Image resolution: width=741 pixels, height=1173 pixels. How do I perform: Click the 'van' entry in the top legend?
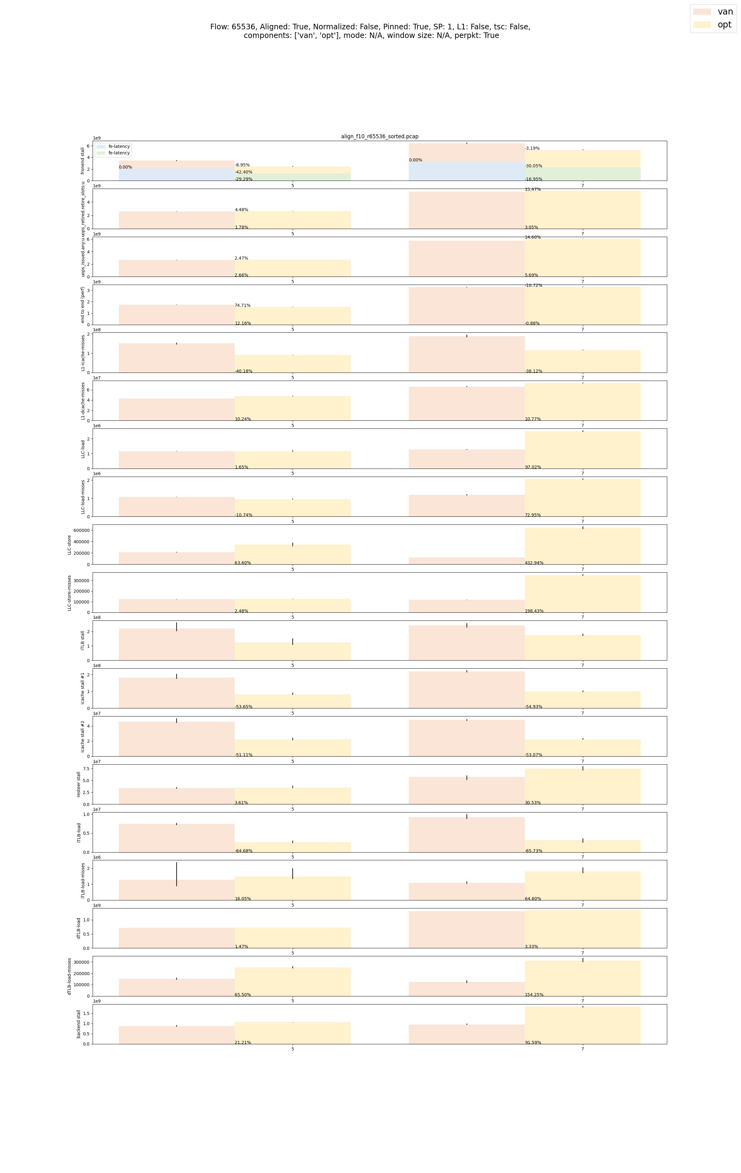724,12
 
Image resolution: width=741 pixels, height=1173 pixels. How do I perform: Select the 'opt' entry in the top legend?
724,24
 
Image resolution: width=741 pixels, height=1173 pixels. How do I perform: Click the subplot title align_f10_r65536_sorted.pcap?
379,136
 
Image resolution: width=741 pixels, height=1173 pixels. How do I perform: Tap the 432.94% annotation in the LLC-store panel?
534,563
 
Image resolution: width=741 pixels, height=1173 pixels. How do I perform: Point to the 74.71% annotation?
243,305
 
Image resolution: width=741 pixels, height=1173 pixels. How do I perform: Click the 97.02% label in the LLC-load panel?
533,467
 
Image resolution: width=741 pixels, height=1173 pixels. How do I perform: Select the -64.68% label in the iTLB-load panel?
244,851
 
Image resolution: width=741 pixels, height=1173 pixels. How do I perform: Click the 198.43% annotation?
534,611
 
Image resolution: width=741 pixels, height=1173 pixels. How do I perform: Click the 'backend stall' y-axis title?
79,1024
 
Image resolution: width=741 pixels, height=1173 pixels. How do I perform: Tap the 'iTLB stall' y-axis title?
83,640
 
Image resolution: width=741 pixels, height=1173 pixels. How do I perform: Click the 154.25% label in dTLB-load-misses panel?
534,995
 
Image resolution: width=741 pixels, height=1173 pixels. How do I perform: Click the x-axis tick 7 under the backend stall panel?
582,1049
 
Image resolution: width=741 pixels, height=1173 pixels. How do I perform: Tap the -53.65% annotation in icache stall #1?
244,707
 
